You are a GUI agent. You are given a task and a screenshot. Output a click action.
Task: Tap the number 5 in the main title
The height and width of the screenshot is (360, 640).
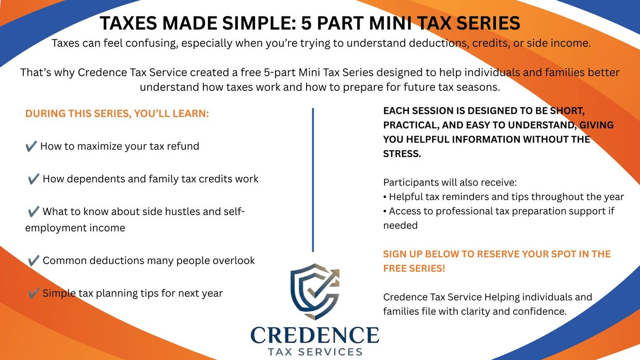click(x=306, y=23)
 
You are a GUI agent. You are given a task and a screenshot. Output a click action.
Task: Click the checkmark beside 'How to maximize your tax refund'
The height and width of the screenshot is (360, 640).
click(x=31, y=146)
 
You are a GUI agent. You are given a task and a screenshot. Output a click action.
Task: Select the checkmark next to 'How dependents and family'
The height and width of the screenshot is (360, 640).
click(x=34, y=179)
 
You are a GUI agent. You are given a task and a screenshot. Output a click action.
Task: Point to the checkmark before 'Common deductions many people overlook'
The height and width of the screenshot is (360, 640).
click(x=34, y=260)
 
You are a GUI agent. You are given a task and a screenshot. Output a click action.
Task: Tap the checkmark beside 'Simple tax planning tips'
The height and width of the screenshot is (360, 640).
click(x=34, y=293)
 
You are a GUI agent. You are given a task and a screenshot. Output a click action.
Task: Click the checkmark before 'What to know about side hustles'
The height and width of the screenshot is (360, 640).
click(x=34, y=211)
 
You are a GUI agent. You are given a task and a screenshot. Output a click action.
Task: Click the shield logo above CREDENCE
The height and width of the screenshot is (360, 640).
click(x=314, y=291)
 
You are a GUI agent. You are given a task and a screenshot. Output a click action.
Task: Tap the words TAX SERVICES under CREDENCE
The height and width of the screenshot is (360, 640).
click(x=315, y=352)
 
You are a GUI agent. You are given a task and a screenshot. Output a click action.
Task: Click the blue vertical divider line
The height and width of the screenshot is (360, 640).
click(x=313, y=180)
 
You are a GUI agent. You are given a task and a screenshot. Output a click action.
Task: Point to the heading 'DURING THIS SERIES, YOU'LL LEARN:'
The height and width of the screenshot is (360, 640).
click(x=117, y=113)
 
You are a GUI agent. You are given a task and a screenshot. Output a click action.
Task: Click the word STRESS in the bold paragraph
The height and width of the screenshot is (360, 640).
click(x=402, y=154)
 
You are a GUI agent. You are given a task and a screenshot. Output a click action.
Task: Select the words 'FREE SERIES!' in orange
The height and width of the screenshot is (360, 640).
click(x=414, y=268)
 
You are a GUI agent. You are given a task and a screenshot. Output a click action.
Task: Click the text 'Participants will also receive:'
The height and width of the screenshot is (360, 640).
click(x=450, y=183)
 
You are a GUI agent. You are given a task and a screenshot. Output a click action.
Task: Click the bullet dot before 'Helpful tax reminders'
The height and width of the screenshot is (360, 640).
click(x=385, y=197)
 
